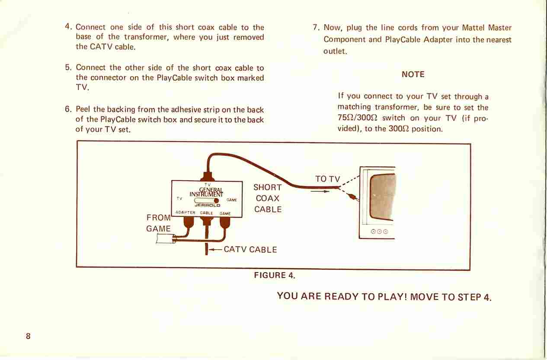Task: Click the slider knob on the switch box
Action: click(216, 201)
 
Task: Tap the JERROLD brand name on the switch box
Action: click(207, 206)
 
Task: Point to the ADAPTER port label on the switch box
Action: click(186, 212)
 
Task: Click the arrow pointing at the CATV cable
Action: click(215, 250)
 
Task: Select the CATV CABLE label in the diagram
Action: click(250, 250)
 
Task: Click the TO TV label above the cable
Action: click(327, 179)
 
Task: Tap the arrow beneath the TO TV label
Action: click(320, 192)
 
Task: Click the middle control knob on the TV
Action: click(379, 231)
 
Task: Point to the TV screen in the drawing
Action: click(382, 197)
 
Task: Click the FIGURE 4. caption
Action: click(275, 275)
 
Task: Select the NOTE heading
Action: click(413, 74)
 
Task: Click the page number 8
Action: click(28, 336)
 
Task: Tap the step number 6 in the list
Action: click(67, 109)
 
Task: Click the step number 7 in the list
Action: click(316, 27)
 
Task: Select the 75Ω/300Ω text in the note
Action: click(358, 118)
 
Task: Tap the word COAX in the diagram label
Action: click(267, 198)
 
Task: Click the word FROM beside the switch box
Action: click(158, 218)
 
